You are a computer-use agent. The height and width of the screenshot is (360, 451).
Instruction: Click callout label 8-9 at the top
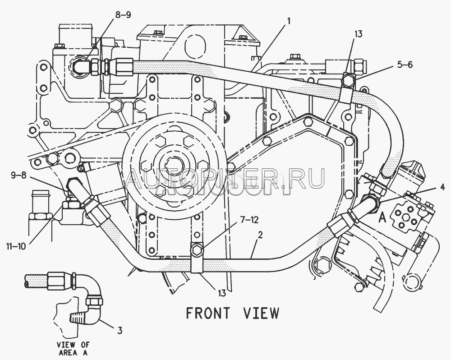123,15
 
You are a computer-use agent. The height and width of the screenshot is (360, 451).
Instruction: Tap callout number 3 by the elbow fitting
120,330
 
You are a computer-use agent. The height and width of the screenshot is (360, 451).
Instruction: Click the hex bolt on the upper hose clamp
348,81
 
